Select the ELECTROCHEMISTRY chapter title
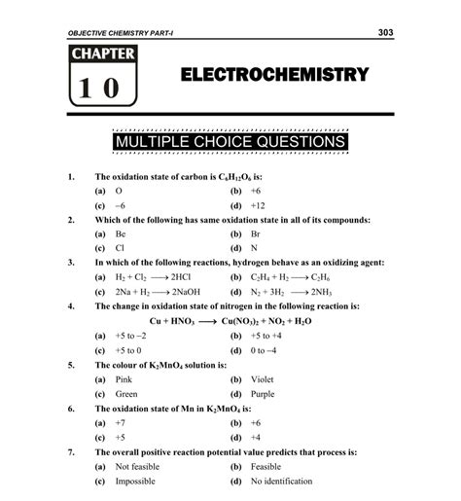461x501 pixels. coord(275,76)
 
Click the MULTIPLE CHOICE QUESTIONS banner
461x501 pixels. coord(230,144)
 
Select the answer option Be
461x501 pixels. coord(121,234)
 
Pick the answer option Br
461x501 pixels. coord(255,234)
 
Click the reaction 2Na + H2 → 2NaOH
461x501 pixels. coord(153,291)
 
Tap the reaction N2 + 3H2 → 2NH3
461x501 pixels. coord(293,291)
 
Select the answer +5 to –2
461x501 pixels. coord(129,335)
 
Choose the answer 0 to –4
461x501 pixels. coord(266,349)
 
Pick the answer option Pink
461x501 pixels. coord(124,378)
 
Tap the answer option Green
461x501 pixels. coord(126,393)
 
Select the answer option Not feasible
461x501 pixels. coord(137,466)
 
